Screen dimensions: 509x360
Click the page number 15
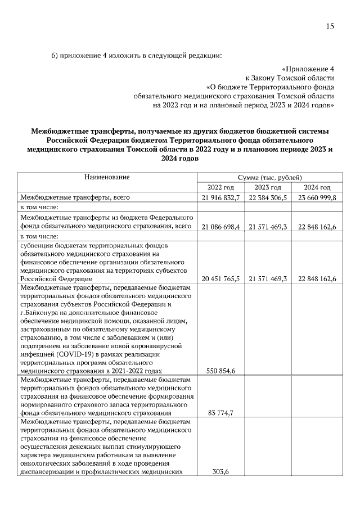tap(330, 26)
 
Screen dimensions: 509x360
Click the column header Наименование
tap(107, 177)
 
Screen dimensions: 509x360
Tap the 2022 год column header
tap(220, 187)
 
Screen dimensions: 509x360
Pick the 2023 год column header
tap(268, 187)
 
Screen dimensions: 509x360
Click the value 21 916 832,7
tap(220, 197)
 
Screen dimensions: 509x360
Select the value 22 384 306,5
tap(268, 197)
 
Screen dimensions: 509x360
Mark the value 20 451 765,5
tap(220, 278)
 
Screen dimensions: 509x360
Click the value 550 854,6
tap(222, 371)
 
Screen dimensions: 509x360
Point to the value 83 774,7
tap(220, 413)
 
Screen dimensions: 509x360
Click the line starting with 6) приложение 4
tap(137, 55)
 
